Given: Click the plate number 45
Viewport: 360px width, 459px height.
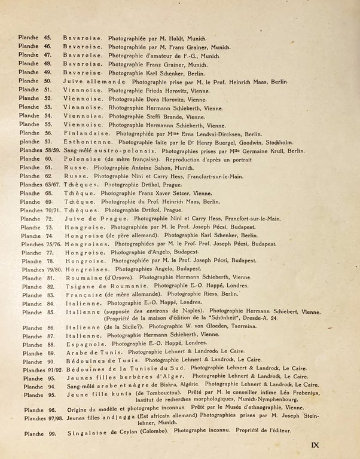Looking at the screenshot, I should pyautogui.click(x=48, y=38).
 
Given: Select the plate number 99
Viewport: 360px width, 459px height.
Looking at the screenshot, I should pyautogui.click(x=51, y=431).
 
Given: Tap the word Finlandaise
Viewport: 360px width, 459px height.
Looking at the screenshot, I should pyautogui.click(x=83, y=134).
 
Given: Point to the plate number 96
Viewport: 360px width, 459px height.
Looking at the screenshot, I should pyautogui.click(x=52, y=410).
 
